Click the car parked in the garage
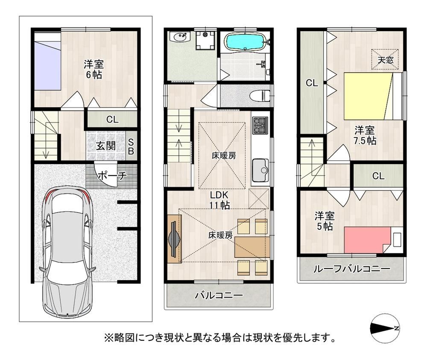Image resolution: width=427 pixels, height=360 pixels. pos(67,252)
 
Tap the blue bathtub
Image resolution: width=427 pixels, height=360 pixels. pos(245,42)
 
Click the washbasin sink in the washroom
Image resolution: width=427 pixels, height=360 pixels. pos(179,38)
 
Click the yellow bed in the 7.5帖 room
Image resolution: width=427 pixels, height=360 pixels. pos(367,96)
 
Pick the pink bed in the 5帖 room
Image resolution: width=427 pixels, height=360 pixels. pos(368,240)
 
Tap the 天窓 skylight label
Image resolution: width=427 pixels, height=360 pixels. pos(386,60)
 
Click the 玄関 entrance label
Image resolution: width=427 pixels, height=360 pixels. pos(105,146)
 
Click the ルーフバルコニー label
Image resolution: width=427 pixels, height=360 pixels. pos(351,269)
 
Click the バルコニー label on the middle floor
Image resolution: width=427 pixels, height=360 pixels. pos(219,295)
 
